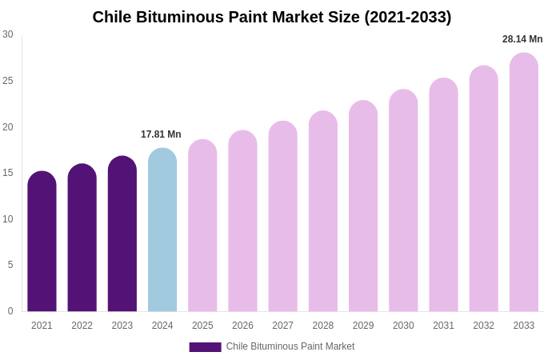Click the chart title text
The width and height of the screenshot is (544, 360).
point(272,17)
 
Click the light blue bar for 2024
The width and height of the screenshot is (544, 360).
point(162,232)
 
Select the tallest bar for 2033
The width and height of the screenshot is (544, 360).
point(524,184)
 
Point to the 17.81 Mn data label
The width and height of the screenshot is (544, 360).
point(161,134)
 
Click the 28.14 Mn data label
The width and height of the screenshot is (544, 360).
point(522,39)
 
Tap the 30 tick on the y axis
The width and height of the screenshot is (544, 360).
point(8,34)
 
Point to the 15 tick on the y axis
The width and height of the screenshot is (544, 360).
point(8,173)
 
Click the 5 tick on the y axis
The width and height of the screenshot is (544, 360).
point(10,265)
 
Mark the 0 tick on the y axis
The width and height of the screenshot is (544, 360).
point(10,311)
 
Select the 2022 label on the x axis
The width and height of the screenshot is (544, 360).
point(82,326)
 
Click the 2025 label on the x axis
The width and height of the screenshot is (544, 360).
point(202,326)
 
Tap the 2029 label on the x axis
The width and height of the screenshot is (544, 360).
point(363,326)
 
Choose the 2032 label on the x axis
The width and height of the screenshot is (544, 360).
point(483,326)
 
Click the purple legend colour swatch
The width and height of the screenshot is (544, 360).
point(205,347)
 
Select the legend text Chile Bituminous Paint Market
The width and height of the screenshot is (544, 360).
point(290,346)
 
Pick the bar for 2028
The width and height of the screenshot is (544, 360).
point(323,213)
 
